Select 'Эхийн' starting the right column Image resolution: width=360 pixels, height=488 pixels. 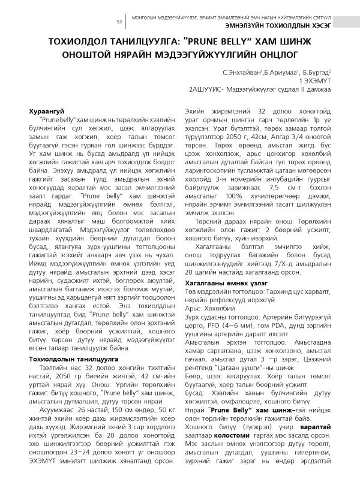coord(195,112)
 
